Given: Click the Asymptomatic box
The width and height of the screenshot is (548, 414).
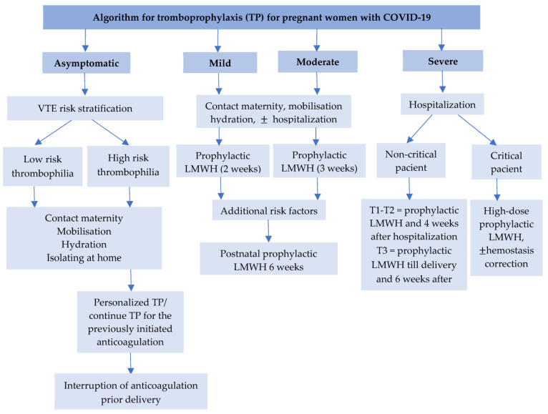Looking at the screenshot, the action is coord(87,63).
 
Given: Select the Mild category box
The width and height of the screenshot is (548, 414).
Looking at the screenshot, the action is coord(220,62).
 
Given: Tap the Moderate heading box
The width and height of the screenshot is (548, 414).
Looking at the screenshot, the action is coord(318,61).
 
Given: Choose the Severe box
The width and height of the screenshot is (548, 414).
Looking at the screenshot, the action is coord(443,61).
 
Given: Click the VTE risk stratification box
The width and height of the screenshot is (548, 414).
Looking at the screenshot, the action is coord(85,108).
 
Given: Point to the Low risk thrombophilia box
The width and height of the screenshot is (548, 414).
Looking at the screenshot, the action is coord(43,167).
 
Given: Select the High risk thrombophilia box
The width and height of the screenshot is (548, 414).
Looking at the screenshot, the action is coord(128,166).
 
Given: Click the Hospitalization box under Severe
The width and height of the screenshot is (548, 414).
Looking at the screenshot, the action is coord(442,104).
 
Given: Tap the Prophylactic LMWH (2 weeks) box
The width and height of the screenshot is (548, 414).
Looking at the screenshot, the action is coord(222,161).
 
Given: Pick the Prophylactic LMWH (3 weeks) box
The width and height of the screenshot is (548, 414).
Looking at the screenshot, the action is coord(319,161).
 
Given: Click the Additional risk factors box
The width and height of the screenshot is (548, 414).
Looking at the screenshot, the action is coord(269,210).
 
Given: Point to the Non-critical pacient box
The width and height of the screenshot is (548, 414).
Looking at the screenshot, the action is coord(411,160).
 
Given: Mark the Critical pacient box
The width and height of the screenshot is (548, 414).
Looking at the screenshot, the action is coord(507,162).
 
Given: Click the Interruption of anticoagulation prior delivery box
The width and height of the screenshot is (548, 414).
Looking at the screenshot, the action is coord(131,391).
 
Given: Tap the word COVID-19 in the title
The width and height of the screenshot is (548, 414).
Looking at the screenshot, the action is coord(407,17).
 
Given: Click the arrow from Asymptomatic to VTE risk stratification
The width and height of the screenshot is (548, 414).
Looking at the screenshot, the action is coord(84,84).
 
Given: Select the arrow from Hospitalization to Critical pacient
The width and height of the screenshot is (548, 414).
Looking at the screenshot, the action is coord(477,129).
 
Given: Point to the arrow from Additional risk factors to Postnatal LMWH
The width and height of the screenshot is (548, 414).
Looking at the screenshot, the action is coord(268,231).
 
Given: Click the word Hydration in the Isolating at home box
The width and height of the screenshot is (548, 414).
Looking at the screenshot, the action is coord(84,245).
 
